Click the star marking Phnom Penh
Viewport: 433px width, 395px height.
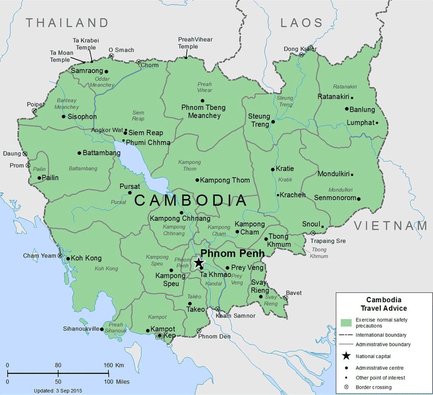click(199, 263)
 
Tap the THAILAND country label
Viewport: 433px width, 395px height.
click(67, 23)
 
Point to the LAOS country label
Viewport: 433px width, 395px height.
click(301, 23)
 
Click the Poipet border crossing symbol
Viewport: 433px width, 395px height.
click(35, 111)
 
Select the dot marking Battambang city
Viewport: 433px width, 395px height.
click(79, 153)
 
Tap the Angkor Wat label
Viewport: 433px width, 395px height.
click(107, 130)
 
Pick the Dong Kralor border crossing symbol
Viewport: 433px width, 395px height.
click(301, 55)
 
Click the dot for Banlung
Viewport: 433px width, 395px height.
click(347, 109)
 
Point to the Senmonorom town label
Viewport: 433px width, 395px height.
click(335, 198)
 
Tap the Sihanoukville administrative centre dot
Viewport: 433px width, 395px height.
click(101, 329)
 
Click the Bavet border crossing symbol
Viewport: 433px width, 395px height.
click(285, 298)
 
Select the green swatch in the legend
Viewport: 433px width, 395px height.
click(346, 323)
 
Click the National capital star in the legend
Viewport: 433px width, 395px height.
click(346, 356)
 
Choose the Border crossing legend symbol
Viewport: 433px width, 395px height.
click(346, 387)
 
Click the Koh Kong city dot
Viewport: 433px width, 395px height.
click(68, 259)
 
